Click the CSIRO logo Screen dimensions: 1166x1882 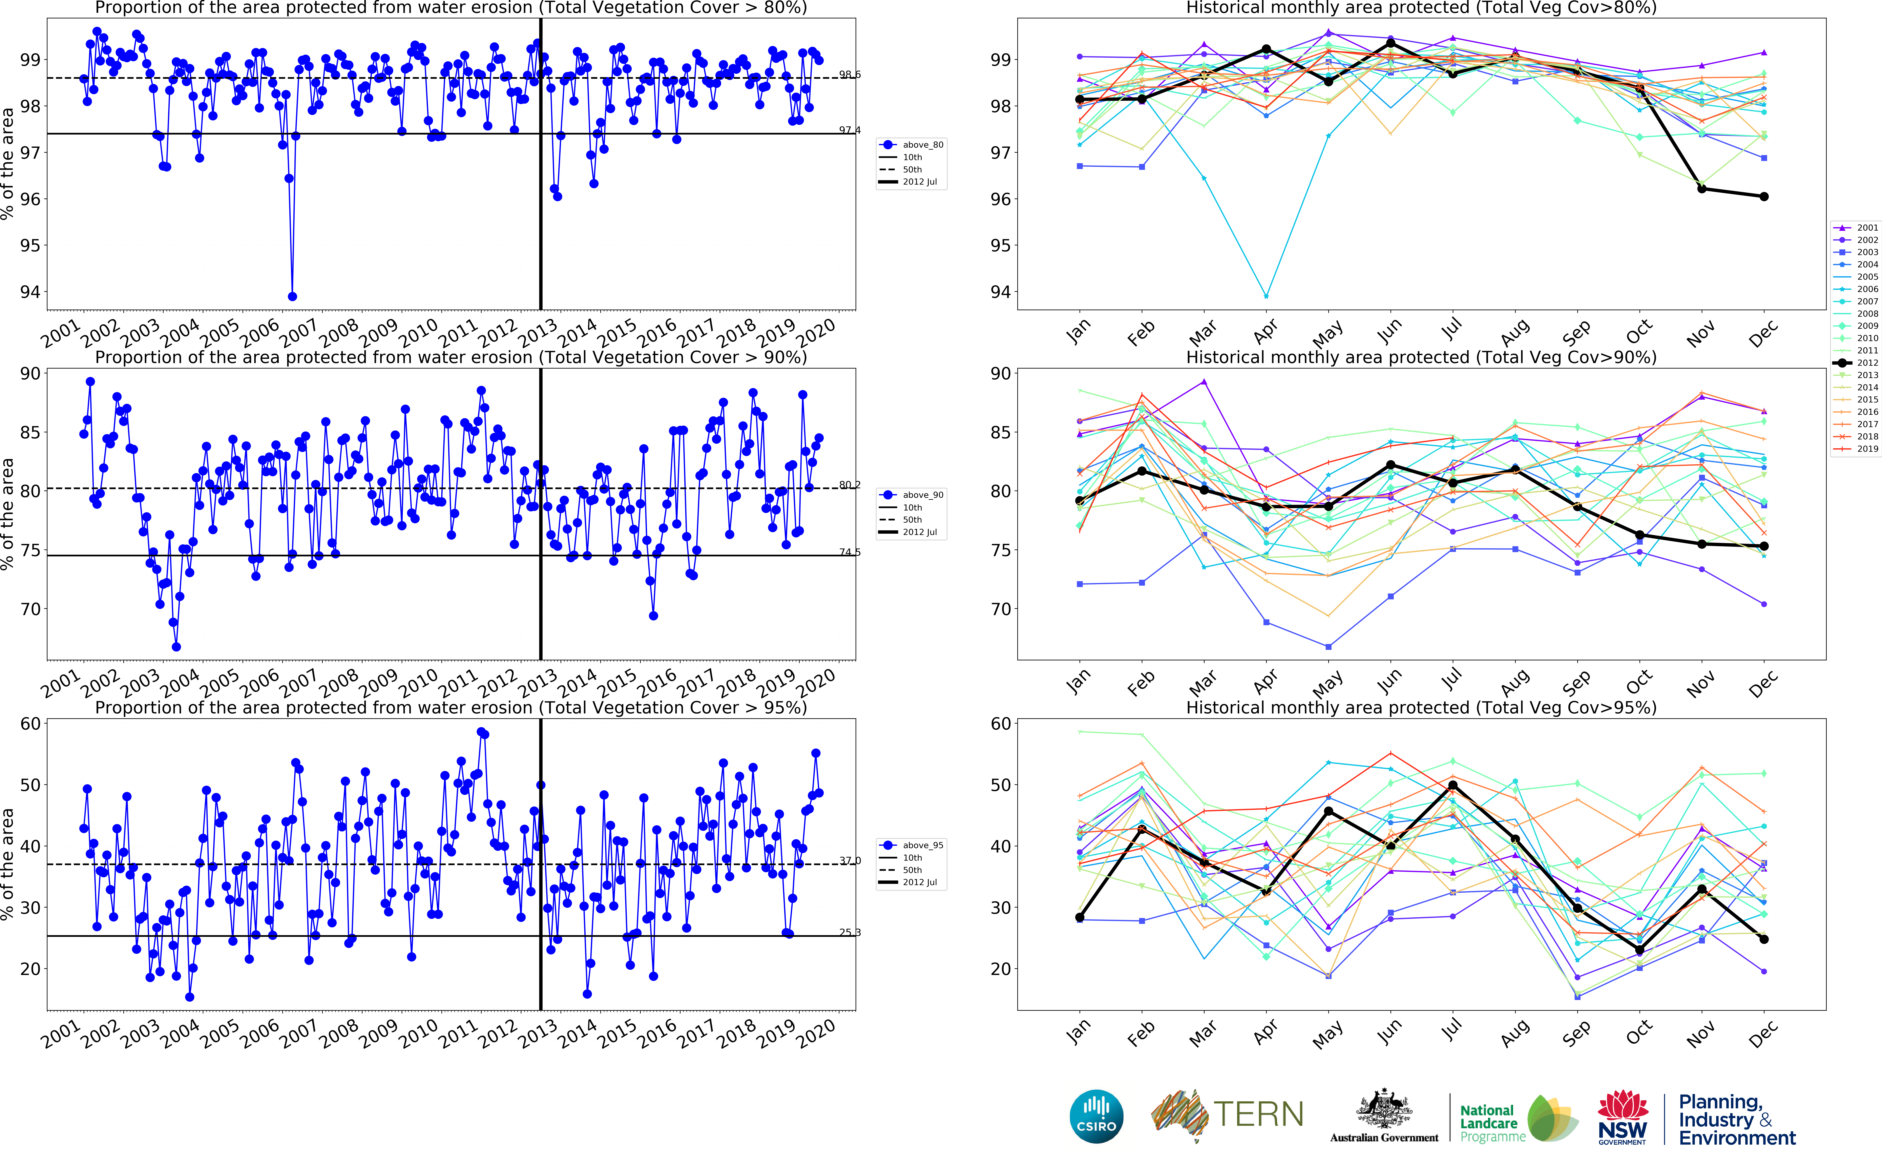[1096, 1116]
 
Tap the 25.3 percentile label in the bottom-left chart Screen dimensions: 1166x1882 [850, 932]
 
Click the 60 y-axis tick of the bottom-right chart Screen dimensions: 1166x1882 [1000, 723]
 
